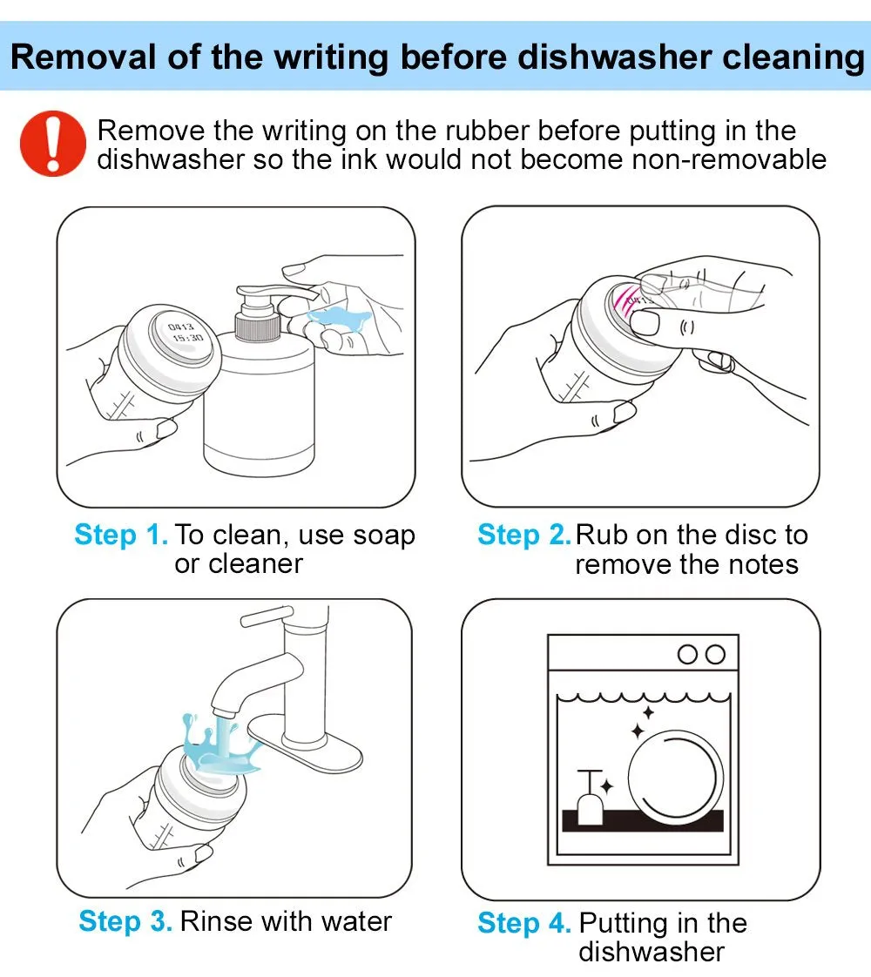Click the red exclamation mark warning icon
point(53,144)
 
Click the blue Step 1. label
point(121,535)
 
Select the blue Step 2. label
point(524,535)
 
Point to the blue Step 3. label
point(125,921)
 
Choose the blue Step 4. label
point(524,923)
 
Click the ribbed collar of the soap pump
point(257,327)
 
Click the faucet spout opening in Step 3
point(222,711)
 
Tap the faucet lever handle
point(267,617)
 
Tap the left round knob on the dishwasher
point(687,654)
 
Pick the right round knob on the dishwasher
point(715,654)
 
